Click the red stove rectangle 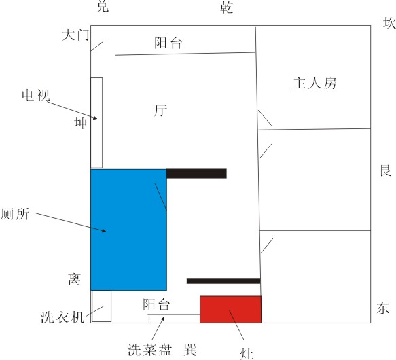(230, 309)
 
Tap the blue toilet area (128, 230)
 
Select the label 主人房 (314, 83)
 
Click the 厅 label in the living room (160, 111)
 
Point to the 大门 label (75, 35)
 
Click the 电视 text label (36, 95)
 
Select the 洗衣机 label (62, 317)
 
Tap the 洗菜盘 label (149, 350)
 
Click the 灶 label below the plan (247, 353)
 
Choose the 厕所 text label (15, 214)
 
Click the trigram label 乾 (226, 7)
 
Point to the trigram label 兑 (103, 6)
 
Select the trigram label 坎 (389, 23)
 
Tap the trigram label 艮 (386, 170)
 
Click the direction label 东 (383, 308)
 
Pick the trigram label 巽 (190, 350)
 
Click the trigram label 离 (75, 279)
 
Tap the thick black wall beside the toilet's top (196, 174)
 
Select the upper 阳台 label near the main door (168, 42)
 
